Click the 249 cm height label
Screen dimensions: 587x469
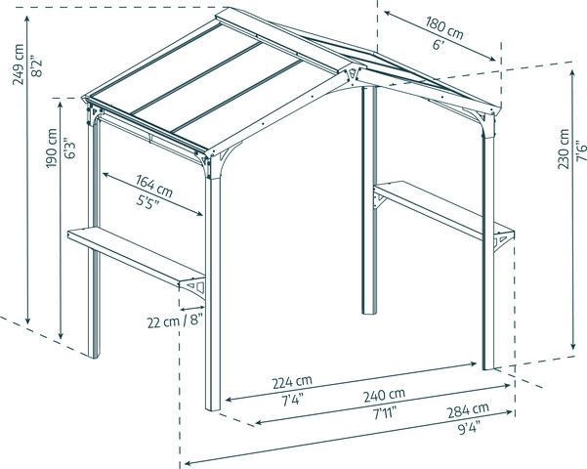pyautogui.click(x=19, y=64)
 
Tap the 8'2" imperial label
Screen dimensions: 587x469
pyautogui.click(x=37, y=66)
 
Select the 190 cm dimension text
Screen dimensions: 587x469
pyautogui.click(x=52, y=149)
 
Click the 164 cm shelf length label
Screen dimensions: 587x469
pyautogui.click(x=154, y=186)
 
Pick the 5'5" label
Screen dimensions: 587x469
pyautogui.click(x=147, y=202)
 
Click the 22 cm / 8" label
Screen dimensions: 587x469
pyautogui.click(x=175, y=321)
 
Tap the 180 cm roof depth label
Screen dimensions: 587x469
pyautogui.click(x=444, y=27)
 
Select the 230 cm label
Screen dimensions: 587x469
pyautogui.click(x=563, y=149)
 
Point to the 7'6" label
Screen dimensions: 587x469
pyautogui.click(x=580, y=151)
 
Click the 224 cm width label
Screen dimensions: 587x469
pyautogui.click(x=292, y=382)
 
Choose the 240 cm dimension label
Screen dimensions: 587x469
pyautogui.click(x=385, y=395)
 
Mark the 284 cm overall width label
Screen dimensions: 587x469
pyautogui.click(x=468, y=409)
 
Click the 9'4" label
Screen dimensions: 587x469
pyautogui.click(x=469, y=427)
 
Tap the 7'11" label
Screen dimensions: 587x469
pyautogui.click(x=385, y=413)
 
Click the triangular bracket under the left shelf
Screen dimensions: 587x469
pyautogui.click(x=194, y=287)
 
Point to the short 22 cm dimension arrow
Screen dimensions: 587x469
pyautogui.click(x=192, y=309)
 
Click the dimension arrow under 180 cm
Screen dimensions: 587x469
pyautogui.click(x=440, y=36)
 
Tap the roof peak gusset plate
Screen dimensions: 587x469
pyautogui.click(x=352, y=74)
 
